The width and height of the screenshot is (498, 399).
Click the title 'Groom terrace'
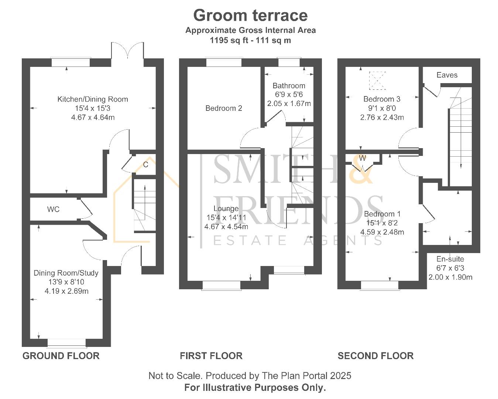250,16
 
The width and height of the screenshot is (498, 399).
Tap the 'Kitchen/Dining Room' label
93,99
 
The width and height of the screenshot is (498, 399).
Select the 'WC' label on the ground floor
53,209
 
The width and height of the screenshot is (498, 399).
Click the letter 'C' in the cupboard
146,164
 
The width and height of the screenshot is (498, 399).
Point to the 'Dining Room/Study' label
66,273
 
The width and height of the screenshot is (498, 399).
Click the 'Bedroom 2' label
224,108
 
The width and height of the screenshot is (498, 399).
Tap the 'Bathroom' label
289,86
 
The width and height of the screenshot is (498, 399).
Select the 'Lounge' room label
226,209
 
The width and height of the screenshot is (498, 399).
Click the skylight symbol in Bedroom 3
377,81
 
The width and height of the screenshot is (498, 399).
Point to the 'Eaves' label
447,75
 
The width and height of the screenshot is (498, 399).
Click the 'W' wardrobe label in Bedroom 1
363,158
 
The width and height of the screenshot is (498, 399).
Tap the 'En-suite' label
450,259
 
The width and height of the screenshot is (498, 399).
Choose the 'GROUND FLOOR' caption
61,356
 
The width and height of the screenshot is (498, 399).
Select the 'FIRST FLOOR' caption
211,356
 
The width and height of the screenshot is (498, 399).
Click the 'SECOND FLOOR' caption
375,356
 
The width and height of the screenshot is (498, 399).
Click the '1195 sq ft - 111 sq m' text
250,40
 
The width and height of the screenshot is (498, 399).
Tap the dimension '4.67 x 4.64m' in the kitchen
93,117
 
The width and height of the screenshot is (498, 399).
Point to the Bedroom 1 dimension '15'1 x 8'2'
382,223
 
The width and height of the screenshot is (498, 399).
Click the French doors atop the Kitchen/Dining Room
127,52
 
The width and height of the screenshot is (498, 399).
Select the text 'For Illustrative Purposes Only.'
255,388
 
